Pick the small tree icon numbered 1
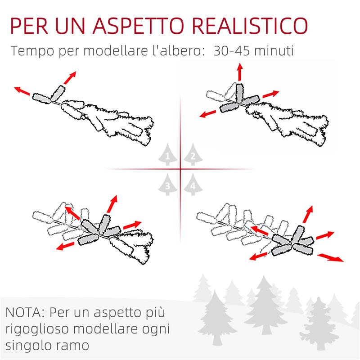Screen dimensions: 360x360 168,154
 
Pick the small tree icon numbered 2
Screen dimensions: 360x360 192,154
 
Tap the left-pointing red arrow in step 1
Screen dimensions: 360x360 22,90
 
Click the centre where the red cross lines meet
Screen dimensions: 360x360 180,169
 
